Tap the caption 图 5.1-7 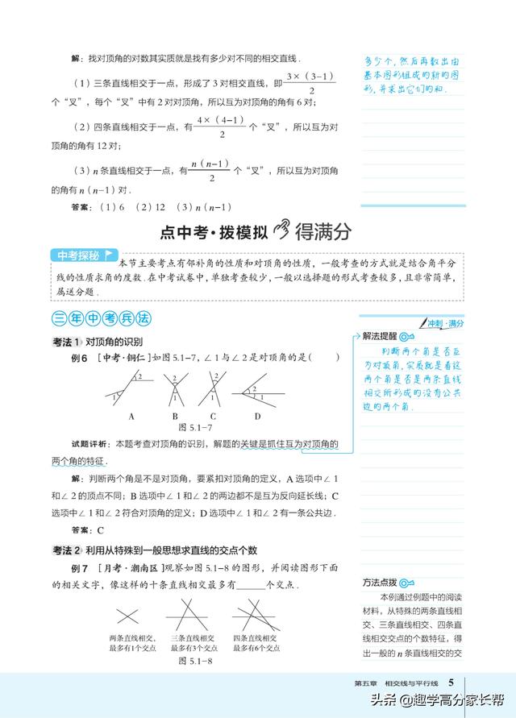click(194, 427)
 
